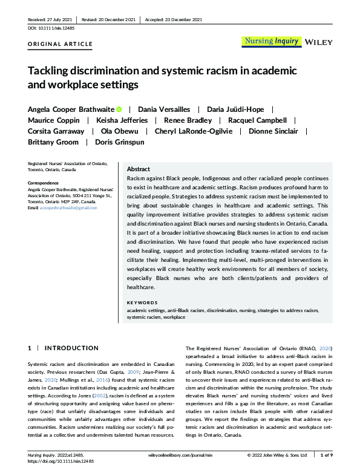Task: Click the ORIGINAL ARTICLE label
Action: pyautogui.click(x=61, y=44)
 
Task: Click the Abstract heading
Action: pyautogui.click(x=138, y=169)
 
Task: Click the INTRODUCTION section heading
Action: pyautogui.click(x=71, y=348)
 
